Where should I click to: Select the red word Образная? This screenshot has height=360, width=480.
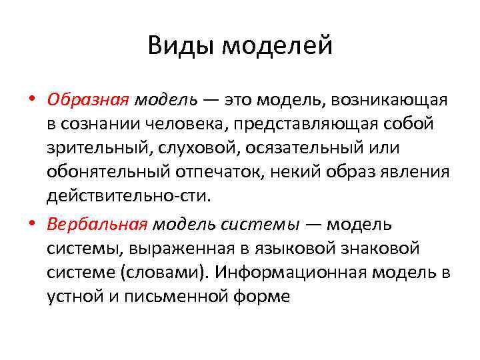87,100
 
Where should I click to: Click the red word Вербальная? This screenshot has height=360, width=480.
97,225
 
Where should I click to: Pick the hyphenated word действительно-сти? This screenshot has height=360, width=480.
127,196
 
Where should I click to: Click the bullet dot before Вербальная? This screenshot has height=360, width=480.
32,225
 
